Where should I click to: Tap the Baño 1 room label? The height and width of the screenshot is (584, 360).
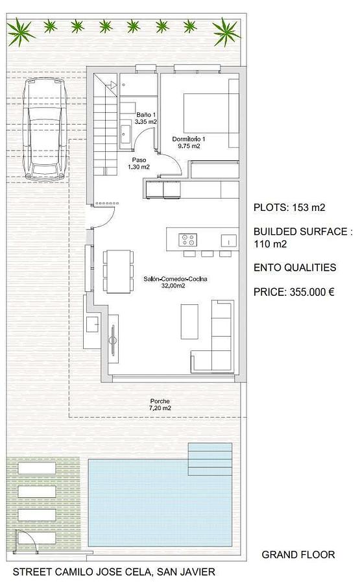pyautogui.click(x=145, y=118)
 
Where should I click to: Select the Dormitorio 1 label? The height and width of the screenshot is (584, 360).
pyautogui.click(x=188, y=142)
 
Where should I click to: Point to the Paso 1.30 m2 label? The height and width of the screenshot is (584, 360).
pyautogui.click(x=139, y=164)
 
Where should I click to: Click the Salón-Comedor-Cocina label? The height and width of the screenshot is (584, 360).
pyautogui.click(x=175, y=282)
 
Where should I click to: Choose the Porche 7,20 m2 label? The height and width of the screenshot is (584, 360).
pyautogui.click(x=160, y=404)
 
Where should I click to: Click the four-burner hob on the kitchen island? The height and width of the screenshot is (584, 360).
pyautogui.click(x=187, y=240)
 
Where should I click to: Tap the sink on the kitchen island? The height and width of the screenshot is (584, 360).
pyautogui.click(x=229, y=241)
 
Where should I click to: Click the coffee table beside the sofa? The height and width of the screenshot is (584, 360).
pyautogui.click(x=189, y=321)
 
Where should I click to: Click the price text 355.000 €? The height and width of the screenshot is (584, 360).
pyautogui.click(x=294, y=291)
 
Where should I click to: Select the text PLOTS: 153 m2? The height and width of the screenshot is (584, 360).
pyautogui.click(x=289, y=208)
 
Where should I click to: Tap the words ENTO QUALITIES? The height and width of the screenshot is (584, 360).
pyautogui.click(x=295, y=267)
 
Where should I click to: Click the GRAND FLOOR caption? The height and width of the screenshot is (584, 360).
pyautogui.click(x=298, y=555)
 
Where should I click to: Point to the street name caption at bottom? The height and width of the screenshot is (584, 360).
pyautogui.click(x=114, y=572)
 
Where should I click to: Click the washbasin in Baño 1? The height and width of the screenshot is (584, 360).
pyautogui.click(x=125, y=132)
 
